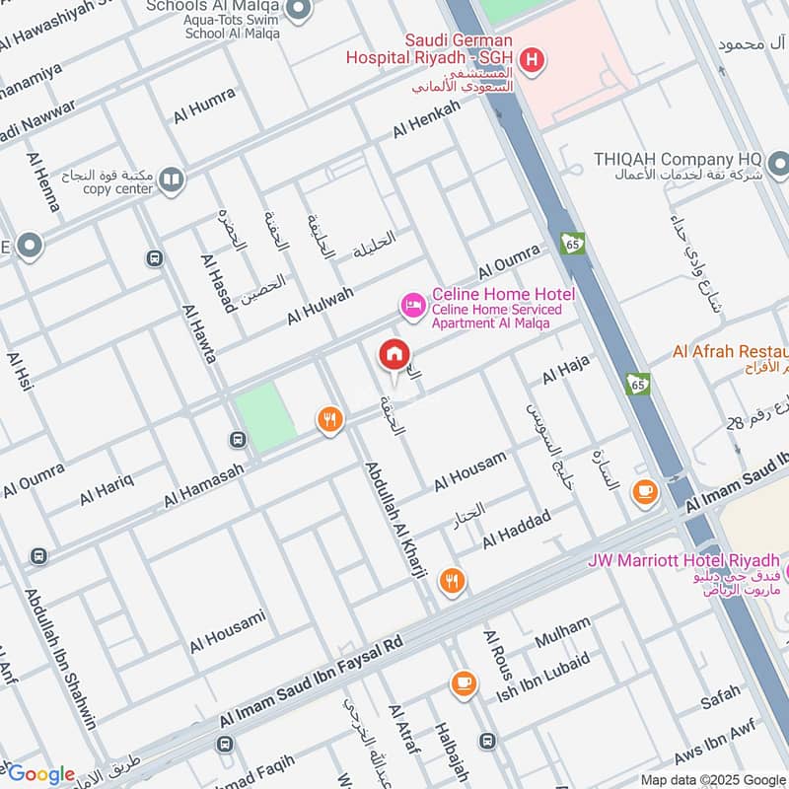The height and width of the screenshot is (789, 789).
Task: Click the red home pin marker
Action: click(x=394, y=354)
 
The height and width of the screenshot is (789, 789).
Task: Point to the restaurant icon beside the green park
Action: click(x=329, y=421)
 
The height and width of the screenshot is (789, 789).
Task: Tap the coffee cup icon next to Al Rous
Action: click(x=464, y=681)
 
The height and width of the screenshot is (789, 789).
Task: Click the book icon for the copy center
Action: click(x=172, y=179)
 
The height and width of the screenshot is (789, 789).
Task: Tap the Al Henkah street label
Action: click(x=426, y=119)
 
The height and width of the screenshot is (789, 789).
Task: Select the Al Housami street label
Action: click(x=228, y=631)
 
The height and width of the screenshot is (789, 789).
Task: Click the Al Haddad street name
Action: click(x=516, y=530)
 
